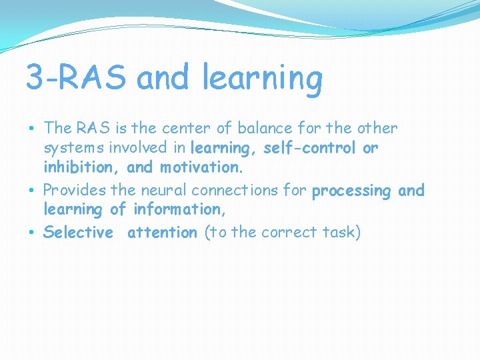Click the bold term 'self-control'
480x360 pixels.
pyautogui.click(x=310, y=148)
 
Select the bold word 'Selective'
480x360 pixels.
pyautogui.click(x=78, y=232)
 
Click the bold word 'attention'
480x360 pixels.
pyautogui.click(x=162, y=232)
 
